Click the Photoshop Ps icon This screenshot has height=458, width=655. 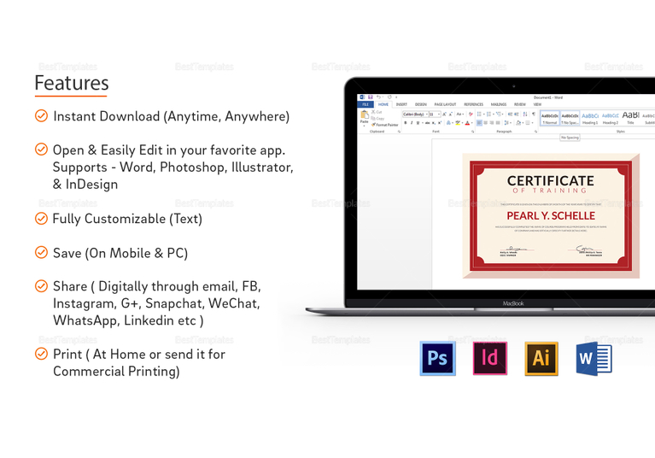[x=437, y=359]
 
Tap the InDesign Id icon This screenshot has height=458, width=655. [x=490, y=359]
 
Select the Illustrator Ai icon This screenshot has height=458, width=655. [x=541, y=359]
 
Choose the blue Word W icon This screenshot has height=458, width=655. [x=594, y=359]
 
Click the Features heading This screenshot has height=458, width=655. [x=72, y=83]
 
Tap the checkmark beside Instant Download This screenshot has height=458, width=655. [x=41, y=116]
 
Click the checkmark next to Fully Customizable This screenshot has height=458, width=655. [x=41, y=219]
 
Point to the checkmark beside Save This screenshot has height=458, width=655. [x=41, y=253]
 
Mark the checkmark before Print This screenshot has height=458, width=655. [x=41, y=354]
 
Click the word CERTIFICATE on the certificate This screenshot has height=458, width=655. [x=550, y=180]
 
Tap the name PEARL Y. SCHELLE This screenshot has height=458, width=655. [x=550, y=215]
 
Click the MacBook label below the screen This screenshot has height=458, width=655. [x=513, y=303]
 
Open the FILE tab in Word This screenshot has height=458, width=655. [x=364, y=104]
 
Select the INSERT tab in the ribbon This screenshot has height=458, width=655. [x=401, y=104]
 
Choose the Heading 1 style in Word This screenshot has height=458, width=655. [x=590, y=118]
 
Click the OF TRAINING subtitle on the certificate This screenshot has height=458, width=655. [x=550, y=191]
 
